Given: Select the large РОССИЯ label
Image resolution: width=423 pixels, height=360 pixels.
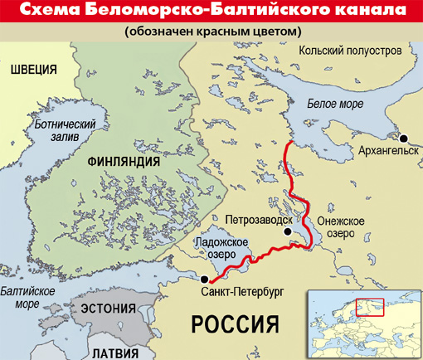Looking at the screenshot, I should tap(232, 323).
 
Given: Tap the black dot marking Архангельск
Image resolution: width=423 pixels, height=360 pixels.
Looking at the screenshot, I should tap(404, 139).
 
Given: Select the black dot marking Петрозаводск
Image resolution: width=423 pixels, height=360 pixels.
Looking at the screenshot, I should tap(288, 231).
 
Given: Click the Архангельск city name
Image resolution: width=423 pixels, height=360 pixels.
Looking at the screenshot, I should tap(385, 153).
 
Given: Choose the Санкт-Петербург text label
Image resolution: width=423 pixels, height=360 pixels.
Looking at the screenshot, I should tap(242, 294).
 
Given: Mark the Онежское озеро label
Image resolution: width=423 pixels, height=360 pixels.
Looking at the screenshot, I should tap(335, 226).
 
